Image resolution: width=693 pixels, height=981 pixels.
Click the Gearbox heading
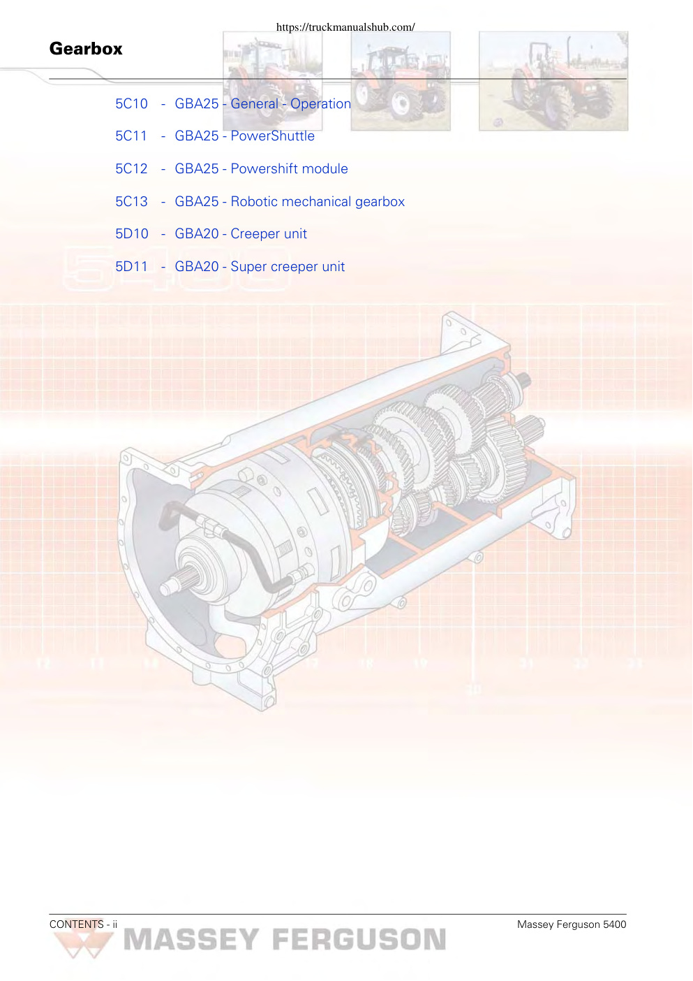[86, 49]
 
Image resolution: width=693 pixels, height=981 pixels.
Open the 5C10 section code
[132, 104]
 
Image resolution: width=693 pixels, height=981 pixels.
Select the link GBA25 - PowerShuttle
[244, 136]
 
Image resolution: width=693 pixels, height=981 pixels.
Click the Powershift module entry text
[289, 168]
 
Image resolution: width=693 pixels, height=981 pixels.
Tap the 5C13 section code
[132, 201]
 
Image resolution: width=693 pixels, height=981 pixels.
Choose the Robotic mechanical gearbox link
[318, 201]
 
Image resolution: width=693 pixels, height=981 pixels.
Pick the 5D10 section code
[132, 234]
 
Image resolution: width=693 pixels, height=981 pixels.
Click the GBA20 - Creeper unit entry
[241, 234]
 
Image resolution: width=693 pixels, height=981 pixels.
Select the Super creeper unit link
[288, 267]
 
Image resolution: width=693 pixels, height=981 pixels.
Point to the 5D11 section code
[131, 267]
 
